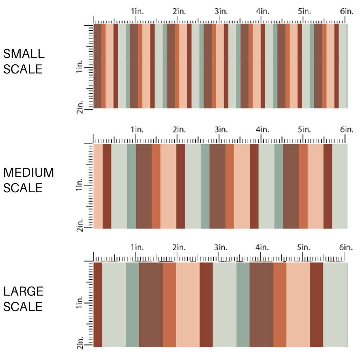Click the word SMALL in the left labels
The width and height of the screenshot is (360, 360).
pos(24,54)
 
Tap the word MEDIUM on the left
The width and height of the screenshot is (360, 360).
pos(29,173)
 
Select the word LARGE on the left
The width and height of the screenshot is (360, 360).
pos(24,291)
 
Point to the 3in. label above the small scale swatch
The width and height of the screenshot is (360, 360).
pos(221,12)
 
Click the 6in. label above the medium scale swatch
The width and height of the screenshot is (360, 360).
pos(346,130)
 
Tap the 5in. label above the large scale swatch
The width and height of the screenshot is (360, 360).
pos(304,247)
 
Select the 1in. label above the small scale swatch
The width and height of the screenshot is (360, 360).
pos(138,12)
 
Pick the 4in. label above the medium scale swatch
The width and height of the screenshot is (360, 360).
pos(262,130)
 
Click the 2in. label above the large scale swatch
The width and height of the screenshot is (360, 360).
pos(179,247)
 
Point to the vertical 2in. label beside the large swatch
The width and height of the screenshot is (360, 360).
pos(79,343)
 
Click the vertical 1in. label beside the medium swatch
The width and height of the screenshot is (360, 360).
pos(79,185)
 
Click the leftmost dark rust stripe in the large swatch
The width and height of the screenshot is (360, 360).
pos(98,304)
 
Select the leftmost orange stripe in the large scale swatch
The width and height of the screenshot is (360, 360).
pos(169,304)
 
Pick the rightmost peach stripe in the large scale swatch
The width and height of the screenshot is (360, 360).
pos(298,304)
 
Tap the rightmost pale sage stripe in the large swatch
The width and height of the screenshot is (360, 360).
pos(335,304)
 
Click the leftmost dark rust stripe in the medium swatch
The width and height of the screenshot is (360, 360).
pos(107,186)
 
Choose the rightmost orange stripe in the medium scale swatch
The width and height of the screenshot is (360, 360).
pos(303,186)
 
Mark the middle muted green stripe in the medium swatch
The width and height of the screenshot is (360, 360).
pos(205,186)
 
